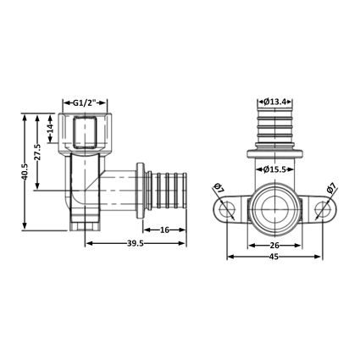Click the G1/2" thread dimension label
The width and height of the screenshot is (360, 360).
click(85, 102)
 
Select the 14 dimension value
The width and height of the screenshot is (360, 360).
click(50, 129)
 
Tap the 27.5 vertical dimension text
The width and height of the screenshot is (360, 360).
click(37, 152)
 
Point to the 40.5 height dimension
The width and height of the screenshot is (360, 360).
click(25, 172)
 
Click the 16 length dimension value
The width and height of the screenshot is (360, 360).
click(164, 230)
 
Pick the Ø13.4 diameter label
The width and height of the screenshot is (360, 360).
click(275, 102)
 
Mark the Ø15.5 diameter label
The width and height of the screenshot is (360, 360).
click(274, 169)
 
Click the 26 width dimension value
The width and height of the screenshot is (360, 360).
click(274, 245)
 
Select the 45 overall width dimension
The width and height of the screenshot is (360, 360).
click(274, 257)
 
